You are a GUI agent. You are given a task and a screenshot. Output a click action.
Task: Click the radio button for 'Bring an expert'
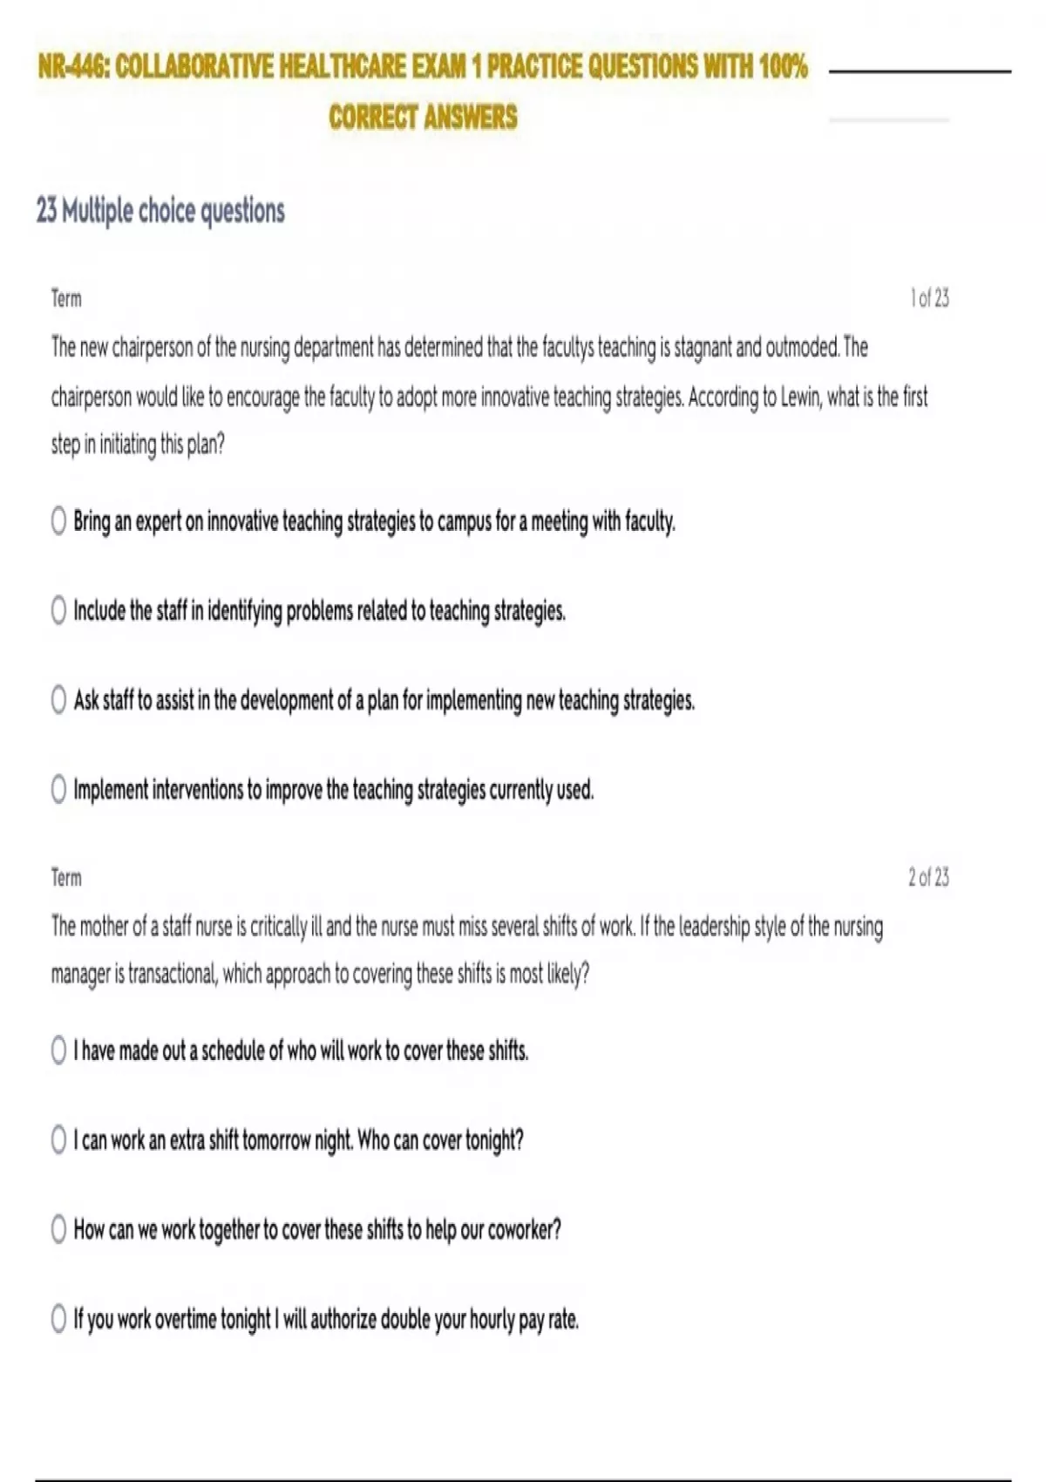(58, 521)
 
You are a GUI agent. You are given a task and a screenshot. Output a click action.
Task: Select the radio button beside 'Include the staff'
(58, 610)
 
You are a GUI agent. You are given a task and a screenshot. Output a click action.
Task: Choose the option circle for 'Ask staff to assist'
(58, 700)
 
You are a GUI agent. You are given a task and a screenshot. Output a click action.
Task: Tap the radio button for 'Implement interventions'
(58, 790)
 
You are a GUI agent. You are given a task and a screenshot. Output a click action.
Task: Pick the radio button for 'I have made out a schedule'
(58, 1050)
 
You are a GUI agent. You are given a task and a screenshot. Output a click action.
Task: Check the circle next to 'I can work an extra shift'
(58, 1139)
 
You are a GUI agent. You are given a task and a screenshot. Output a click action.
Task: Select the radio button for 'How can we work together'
(58, 1229)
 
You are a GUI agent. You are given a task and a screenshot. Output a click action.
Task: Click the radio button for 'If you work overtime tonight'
(58, 1319)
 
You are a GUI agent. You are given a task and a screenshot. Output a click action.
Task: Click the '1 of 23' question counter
(929, 298)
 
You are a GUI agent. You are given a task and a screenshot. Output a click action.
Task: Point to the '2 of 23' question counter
(928, 877)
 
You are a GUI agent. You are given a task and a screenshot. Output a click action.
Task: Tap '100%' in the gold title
(783, 66)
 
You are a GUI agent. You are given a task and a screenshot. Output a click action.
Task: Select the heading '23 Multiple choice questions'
(160, 211)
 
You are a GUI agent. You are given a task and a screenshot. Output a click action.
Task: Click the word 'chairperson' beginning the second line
(91, 398)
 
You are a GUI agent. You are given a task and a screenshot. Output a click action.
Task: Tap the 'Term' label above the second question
(66, 878)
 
